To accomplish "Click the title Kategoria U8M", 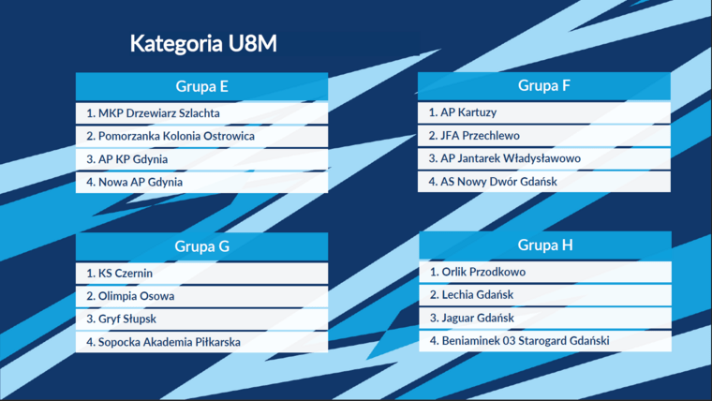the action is (203, 44).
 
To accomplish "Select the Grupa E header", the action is (201, 86).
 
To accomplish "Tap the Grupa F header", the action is (544, 85).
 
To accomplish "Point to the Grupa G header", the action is (201, 246).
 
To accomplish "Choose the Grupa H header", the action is (545, 245).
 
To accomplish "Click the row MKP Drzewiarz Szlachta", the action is (201, 113).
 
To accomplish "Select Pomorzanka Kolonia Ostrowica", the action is (201, 136).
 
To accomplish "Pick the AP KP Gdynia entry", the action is (201, 159).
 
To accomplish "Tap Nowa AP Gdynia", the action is (201, 182).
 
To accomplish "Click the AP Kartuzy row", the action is (544, 112).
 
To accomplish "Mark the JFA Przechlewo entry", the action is (544, 135).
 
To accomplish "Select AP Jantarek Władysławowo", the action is (544, 158).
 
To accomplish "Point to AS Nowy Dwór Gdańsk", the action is (544, 182).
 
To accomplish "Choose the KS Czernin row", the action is (201, 274).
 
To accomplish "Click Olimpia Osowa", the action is (201, 296).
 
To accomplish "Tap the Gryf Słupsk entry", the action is (201, 319).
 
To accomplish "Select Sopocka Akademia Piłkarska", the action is (201, 342).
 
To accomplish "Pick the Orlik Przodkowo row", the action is (545, 272).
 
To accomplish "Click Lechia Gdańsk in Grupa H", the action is (545, 295).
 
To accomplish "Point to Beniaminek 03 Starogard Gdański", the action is (545, 341).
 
